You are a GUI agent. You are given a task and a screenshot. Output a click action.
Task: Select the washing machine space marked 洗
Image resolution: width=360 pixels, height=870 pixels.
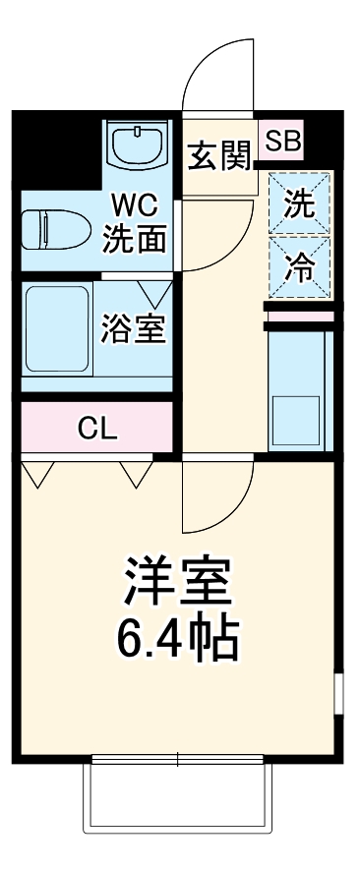pyautogui.click(x=298, y=204)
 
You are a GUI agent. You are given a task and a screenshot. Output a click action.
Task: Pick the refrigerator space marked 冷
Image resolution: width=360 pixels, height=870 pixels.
pyautogui.click(x=298, y=265)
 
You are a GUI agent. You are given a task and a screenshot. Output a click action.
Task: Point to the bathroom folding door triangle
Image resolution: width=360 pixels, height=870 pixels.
pyautogui.click(x=155, y=291)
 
